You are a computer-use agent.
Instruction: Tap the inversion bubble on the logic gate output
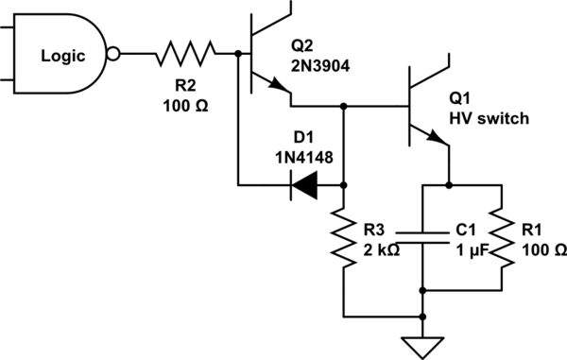tap(115, 55)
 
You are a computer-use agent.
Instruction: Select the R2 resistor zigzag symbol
tap(185, 55)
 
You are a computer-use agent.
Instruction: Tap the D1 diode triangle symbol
tap(305, 186)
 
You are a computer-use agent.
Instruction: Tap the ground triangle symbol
tap(421, 347)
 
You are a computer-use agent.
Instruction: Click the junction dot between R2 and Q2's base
tap(236, 55)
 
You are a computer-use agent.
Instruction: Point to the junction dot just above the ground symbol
tap(421, 316)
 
